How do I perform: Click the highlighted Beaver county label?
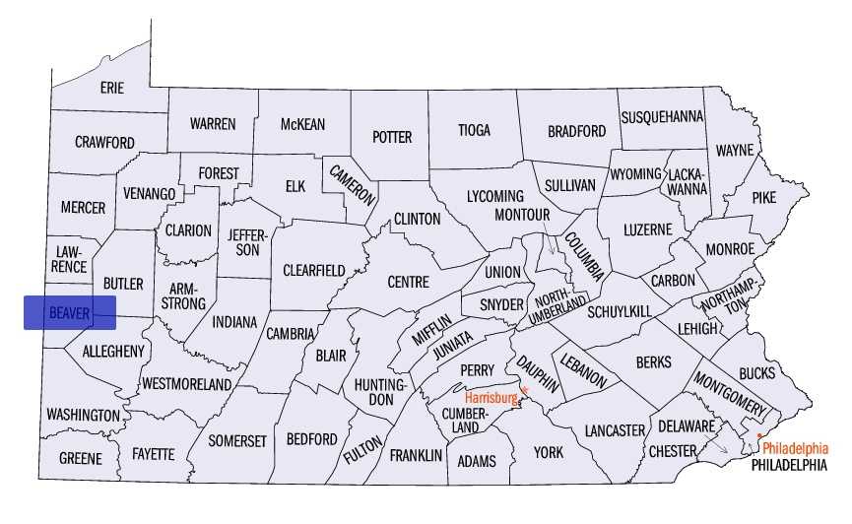coord(69,313)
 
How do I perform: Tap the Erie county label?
coord(112,88)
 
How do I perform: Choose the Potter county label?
coord(392,137)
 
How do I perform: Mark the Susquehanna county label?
coord(662,116)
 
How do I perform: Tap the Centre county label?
coord(408,282)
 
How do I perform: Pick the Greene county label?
coord(80,458)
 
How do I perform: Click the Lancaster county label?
coord(614,430)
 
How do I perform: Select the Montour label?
coord(521,215)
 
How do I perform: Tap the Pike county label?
coord(763,197)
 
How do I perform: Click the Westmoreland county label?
coord(186,383)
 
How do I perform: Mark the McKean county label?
coord(302,124)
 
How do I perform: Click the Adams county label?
coord(478,461)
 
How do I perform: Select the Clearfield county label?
coord(313,270)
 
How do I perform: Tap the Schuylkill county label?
coord(620,311)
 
